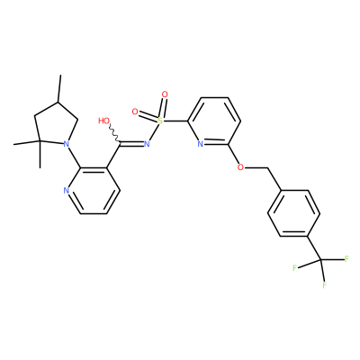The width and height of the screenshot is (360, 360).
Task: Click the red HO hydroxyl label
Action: point(103,121)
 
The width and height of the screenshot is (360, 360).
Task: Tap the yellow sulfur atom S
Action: point(160,121)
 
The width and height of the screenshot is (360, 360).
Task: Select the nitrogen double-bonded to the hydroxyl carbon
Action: point(147,144)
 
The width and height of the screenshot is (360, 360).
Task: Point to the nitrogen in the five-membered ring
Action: point(67,144)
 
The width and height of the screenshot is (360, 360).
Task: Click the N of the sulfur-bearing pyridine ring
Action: point(201,144)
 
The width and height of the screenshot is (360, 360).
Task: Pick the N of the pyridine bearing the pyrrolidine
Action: point(67,190)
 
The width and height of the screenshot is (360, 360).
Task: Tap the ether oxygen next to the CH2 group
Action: point(240,167)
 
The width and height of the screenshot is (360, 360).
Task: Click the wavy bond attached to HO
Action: point(115,133)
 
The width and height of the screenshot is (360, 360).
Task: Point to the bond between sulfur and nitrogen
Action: point(154,132)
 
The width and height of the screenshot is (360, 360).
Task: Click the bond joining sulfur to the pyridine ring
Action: point(175,121)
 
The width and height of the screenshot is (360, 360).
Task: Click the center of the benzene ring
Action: point(294,213)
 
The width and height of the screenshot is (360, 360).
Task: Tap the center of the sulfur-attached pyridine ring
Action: point(214,121)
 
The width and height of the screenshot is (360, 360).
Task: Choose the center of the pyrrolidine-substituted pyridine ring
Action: point(94,190)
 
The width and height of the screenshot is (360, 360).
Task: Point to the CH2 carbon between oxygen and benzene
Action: point(267,167)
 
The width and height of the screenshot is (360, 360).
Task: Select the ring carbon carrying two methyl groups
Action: point(39,141)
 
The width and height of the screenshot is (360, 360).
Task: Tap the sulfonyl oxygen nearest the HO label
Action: point(135,112)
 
